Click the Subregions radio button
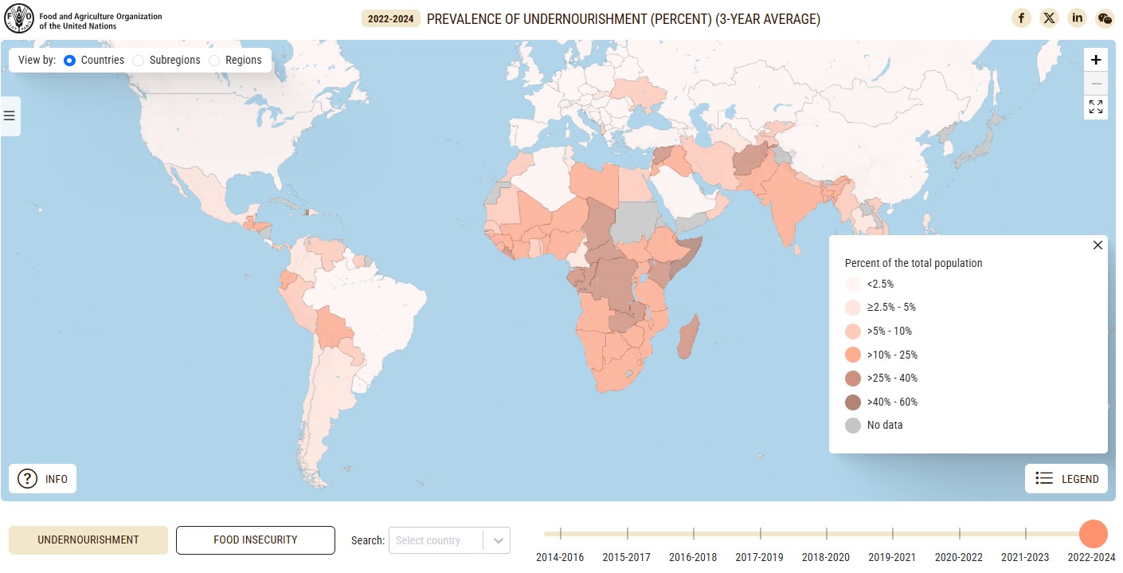[139, 60]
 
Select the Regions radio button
[214, 60]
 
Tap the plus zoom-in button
[1096, 60]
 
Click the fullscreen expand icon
[1096, 107]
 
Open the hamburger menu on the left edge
[10, 116]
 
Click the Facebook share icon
[1021, 18]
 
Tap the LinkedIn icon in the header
[1077, 18]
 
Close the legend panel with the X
[1098, 245]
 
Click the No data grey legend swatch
[853, 426]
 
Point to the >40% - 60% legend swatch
[853, 402]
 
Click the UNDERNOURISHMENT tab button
[88, 540]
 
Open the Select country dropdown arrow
[498, 540]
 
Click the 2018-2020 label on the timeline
[826, 557]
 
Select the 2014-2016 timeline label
[560, 557]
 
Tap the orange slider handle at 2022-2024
[1093, 534]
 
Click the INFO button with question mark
[43, 479]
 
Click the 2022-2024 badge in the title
[390, 19]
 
